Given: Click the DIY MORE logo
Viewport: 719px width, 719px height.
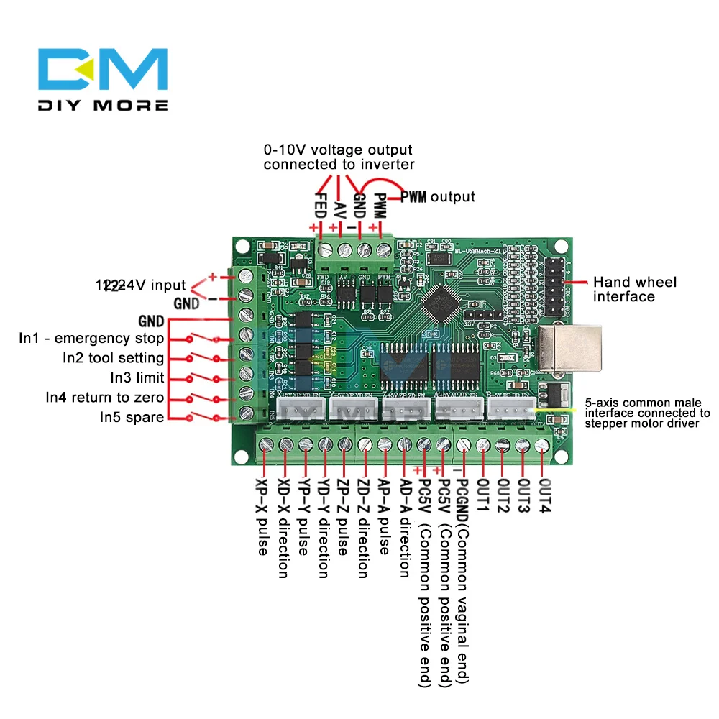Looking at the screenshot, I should [103, 80].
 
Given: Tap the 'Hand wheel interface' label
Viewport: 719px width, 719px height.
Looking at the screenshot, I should [634, 289].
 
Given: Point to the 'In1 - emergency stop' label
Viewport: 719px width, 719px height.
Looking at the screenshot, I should [91, 339].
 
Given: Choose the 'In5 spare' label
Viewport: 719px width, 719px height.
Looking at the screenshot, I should [132, 417].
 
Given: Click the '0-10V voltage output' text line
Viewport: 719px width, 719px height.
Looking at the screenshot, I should [338, 150].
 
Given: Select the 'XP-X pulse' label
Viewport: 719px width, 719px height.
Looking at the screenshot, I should [263, 516].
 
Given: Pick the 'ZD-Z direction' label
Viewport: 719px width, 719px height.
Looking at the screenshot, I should [363, 528].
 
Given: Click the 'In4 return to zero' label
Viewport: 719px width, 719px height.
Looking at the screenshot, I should [104, 398].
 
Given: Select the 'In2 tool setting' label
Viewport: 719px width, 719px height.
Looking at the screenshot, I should [113, 358].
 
